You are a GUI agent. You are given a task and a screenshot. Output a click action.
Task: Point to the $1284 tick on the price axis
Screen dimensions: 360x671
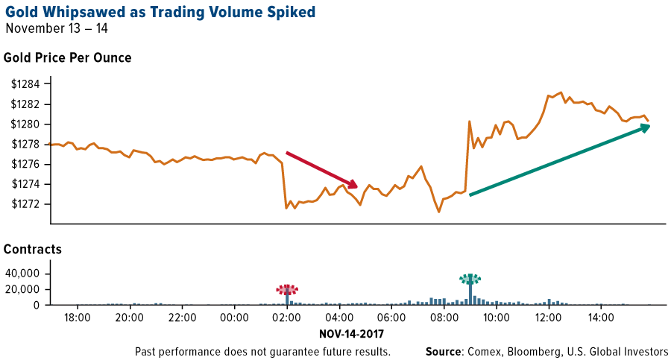point(27,83)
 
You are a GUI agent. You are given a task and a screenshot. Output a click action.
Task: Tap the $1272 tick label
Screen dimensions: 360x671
point(27,204)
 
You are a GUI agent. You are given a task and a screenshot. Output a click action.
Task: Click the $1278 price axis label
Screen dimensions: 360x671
point(27,144)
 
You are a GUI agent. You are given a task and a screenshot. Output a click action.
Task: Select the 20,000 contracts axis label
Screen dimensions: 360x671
point(22,289)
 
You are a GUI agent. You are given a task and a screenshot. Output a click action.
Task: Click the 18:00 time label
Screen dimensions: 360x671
point(78,318)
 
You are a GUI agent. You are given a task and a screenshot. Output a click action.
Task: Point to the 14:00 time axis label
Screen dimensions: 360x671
point(601,318)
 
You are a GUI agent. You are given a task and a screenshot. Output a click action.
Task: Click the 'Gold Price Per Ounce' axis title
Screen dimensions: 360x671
point(68,58)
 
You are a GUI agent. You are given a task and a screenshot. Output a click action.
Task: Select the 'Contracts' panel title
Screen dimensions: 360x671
point(33,249)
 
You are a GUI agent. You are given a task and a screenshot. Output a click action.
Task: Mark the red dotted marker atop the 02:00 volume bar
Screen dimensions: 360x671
point(287,289)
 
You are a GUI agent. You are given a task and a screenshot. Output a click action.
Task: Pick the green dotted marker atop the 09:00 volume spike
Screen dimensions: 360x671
point(470,279)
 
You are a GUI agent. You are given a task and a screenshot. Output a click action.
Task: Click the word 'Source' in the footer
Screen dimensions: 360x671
point(444,351)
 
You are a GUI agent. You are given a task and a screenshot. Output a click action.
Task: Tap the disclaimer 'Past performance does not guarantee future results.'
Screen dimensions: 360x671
point(262,351)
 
